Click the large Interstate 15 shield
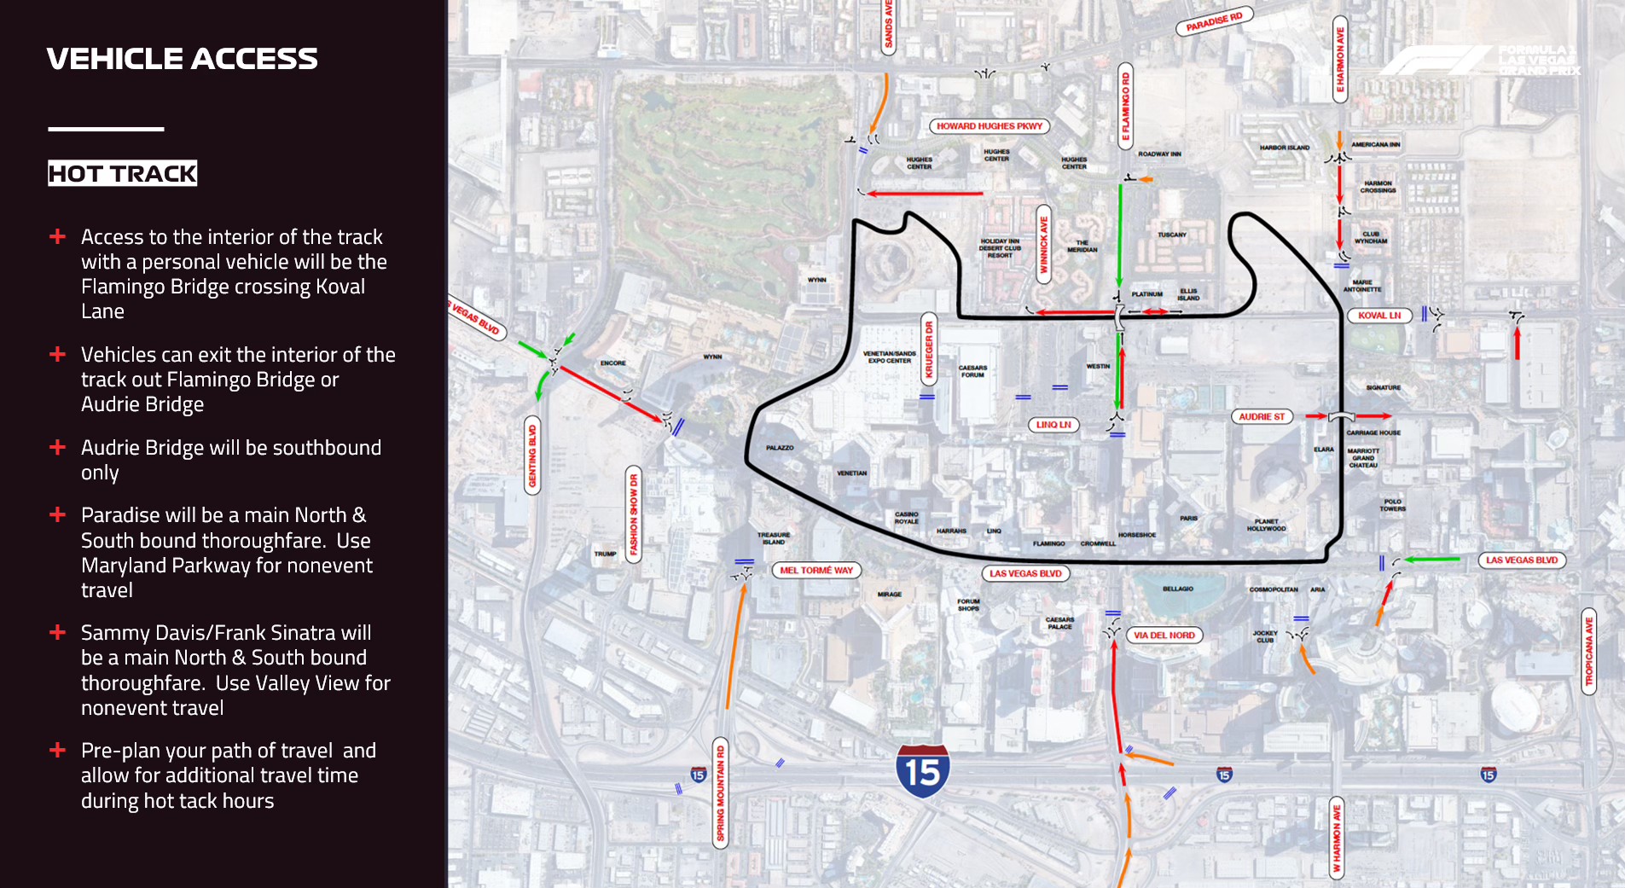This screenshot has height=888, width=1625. point(922,771)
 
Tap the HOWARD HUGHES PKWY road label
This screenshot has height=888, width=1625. point(989,126)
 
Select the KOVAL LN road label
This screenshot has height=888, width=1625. point(1378,316)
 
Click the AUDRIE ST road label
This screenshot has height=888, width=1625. point(1261,417)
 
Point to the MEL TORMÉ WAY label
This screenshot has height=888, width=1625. point(815,571)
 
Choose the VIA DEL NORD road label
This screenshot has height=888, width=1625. point(1164,636)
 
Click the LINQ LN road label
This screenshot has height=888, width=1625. point(1053,425)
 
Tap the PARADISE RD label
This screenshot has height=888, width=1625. point(1214,21)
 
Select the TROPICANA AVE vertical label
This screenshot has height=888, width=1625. point(1588,652)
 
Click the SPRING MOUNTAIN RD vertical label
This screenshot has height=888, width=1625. point(721,793)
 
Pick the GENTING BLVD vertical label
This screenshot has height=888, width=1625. point(532,456)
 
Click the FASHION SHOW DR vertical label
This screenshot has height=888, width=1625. point(633,514)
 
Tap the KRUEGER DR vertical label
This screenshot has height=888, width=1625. point(929,350)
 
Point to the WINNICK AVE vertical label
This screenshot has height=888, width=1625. point(1042,244)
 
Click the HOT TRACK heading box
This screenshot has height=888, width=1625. point(122,174)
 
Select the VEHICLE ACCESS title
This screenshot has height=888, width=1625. point(182,58)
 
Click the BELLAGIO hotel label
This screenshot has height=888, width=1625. point(1177,589)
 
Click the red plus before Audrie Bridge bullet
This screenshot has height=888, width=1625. point(57,447)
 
